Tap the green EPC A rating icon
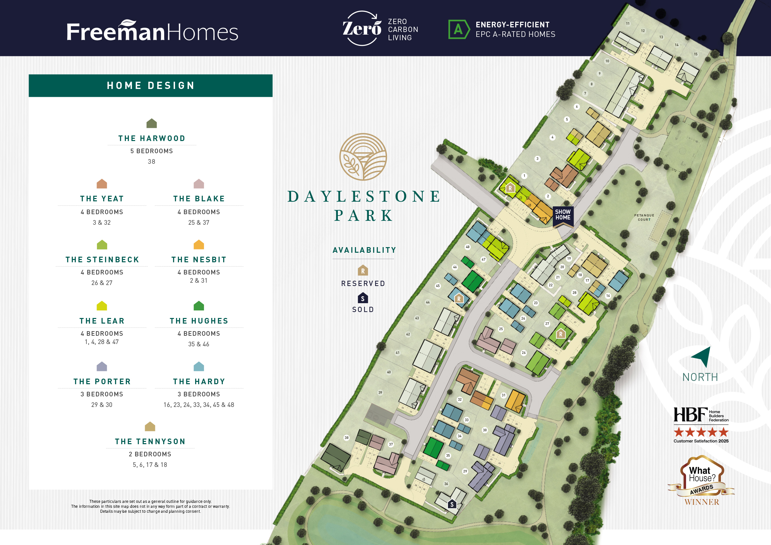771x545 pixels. [459, 30]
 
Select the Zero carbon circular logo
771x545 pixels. [362, 28]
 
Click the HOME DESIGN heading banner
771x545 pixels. [150, 86]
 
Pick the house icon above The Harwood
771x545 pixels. [151, 123]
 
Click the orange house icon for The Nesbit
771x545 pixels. [199, 244]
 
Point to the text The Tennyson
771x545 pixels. [150, 441]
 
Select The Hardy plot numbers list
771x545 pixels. [199, 405]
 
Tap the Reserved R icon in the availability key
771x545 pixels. [363, 270]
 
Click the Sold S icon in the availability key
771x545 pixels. [363, 298]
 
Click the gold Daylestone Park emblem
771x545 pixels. [363, 157]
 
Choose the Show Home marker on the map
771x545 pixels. [563, 215]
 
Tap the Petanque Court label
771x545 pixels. [644, 217]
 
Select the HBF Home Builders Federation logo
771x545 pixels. [701, 415]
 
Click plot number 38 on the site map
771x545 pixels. [346, 438]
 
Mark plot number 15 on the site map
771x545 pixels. [696, 54]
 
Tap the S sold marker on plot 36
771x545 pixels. [452, 504]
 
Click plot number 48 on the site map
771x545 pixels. [467, 247]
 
